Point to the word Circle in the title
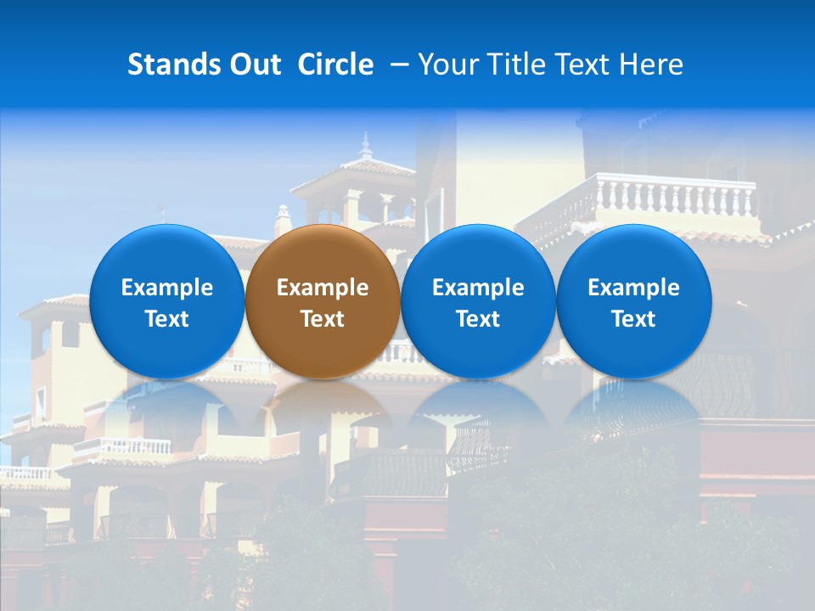(335, 64)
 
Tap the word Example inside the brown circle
(323, 288)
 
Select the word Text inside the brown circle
(323, 319)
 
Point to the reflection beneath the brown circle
(323, 407)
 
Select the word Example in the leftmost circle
(167, 288)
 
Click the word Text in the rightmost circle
(634, 319)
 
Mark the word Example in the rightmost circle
(634, 288)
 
